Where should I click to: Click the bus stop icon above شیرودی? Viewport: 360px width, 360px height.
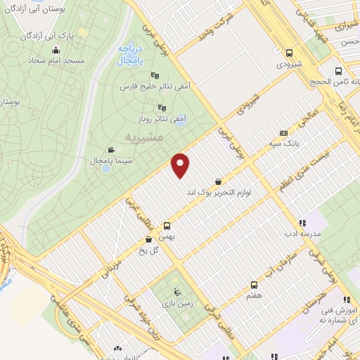(289, 52)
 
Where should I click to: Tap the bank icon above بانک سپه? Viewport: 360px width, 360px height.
(283, 133)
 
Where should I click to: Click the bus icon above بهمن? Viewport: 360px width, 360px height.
(167, 226)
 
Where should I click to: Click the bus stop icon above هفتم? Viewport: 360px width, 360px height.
(254, 284)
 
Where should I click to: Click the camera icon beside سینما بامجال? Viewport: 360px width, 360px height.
(111, 150)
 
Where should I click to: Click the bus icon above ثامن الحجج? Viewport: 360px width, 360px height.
(339, 72)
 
